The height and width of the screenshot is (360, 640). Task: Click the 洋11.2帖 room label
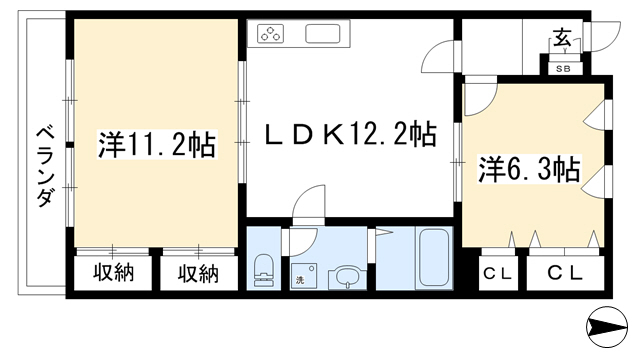tap(157, 144)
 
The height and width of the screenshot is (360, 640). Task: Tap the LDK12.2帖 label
tap(351, 134)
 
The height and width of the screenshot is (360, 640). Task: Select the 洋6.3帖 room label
tap(529, 169)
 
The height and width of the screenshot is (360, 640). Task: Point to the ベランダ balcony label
tap(46, 167)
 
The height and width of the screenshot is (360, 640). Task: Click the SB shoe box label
tap(564, 69)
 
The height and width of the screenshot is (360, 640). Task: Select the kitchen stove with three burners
tap(270, 33)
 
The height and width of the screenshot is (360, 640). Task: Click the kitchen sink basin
tap(323, 33)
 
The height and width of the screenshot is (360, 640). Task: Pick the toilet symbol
tap(263, 271)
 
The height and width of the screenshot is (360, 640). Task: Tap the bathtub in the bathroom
tap(434, 257)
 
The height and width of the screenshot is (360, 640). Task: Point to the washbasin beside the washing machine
tap(347, 278)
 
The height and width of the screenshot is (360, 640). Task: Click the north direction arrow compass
tap(607, 327)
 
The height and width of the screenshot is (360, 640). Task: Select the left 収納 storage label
tap(113, 273)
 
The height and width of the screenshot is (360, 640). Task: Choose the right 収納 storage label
tap(198, 273)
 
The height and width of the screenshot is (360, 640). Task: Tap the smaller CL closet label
tap(498, 274)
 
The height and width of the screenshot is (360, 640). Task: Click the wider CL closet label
tap(565, 273)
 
